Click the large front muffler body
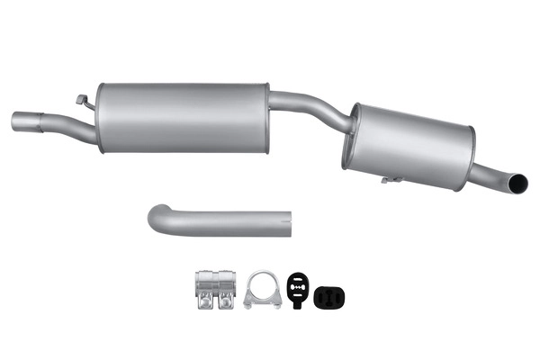coord(184,117)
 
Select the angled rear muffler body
coord(409,144)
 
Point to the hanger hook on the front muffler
coord(83,99)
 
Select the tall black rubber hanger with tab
coord(298,286)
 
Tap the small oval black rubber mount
coord(330,296)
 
